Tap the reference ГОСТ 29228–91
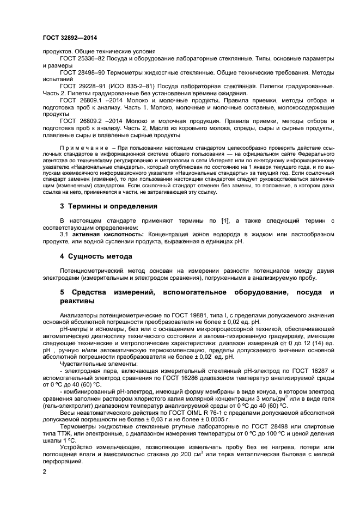coord(84,86)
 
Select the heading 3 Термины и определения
coord(108,206)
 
